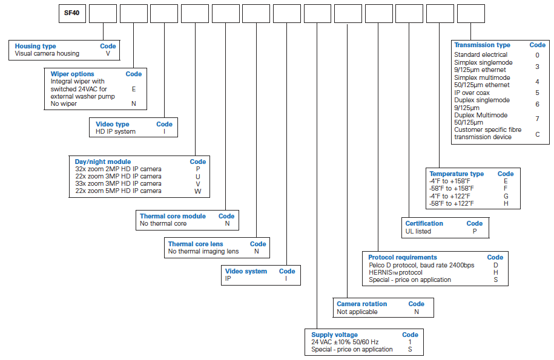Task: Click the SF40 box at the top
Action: click(72, 13)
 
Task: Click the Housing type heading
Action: click(35, 46)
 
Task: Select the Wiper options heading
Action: click(72, 74)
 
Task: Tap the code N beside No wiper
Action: click(134, 104)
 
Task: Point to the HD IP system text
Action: click(116, 132)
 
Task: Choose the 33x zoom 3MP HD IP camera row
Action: click(118, 183)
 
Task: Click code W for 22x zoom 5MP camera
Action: click(197, 191)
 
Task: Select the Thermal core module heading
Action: click(173, 217)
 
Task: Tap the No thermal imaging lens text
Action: click(203, 251)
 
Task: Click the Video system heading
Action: click(246, 272)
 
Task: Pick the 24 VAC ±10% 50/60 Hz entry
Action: click(345, 342)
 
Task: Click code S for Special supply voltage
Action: click(410, 350)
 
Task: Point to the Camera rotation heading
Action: click(362, 304)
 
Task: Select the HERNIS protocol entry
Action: click(396, 272)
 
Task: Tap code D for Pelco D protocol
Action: click(496, 266)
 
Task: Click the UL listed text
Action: click(418, 232)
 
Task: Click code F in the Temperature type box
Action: click(506, 189)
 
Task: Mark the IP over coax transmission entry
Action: click(472, 93)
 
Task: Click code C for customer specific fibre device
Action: click(538, 134)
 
